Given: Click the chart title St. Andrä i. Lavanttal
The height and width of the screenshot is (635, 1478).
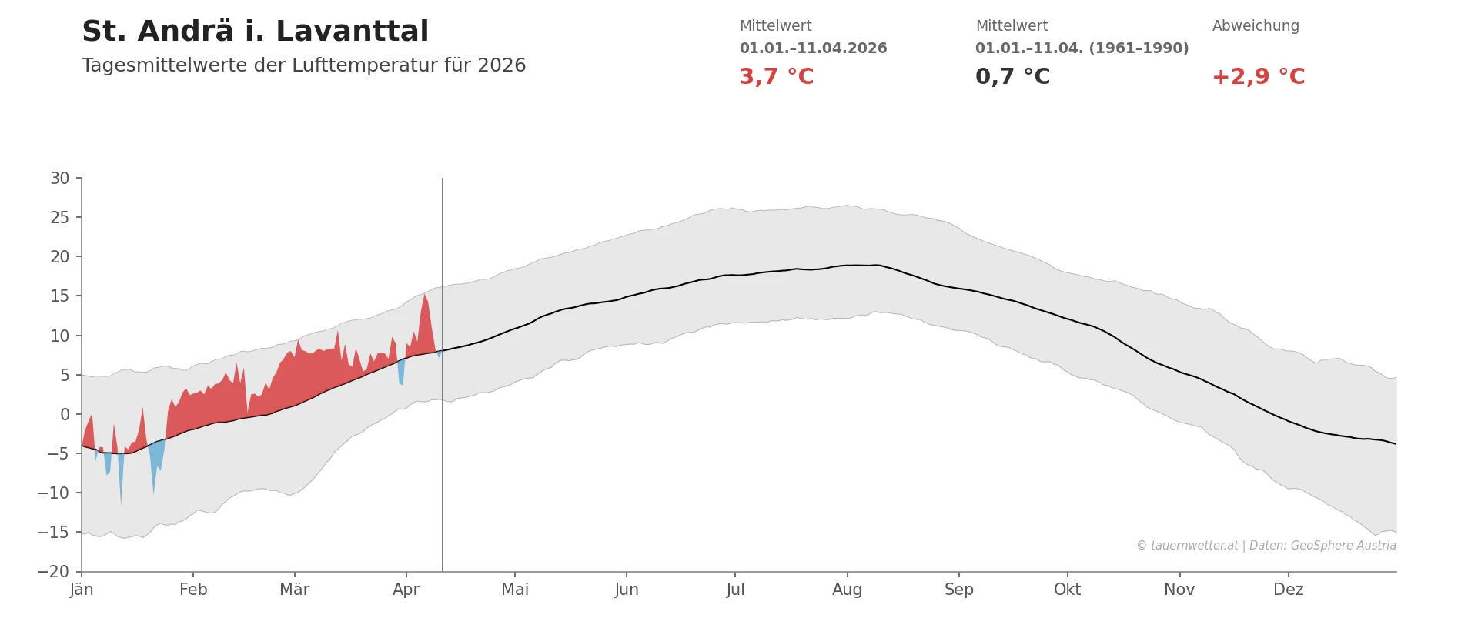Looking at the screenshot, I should click(x=255, y=32).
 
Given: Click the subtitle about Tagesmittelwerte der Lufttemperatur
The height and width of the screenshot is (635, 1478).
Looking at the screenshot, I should click(x=303, y=65).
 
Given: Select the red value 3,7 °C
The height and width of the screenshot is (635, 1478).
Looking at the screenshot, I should click(x=776, y=77).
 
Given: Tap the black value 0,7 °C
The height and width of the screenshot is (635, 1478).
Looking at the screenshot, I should click(x=1012, y=77).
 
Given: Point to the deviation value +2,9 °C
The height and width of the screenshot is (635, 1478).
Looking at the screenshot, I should click(x=1258, y=77).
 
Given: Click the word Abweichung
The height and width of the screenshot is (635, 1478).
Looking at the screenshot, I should click(x=1256, y=26).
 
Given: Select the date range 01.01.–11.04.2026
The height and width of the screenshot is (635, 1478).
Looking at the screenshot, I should click(x=813, y=48).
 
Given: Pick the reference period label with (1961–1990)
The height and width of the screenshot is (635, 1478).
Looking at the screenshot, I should click(x=1082, y=48).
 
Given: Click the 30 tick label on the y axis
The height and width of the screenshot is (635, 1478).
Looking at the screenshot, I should click(x=60, y=179).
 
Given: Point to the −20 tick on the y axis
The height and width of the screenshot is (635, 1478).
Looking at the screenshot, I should click(x=54, y=572).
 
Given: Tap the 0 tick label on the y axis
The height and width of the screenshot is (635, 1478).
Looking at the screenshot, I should click(x=65, y=415).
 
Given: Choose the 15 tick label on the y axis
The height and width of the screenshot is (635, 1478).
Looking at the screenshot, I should click(x=60, y=296).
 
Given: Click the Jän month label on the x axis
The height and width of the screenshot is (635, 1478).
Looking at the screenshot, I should click(x=82, y=590).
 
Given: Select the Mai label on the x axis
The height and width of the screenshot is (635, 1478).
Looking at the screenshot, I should click(x=515, y=590).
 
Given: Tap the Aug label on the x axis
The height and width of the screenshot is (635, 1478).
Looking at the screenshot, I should click(x=847, y=590).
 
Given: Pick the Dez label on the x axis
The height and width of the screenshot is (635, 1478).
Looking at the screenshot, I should click(x=1288, y=590).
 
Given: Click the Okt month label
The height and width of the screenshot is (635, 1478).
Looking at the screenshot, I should click(x=1067, y=590).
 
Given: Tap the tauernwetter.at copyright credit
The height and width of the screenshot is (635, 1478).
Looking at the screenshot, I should click(x=1266, y=546).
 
